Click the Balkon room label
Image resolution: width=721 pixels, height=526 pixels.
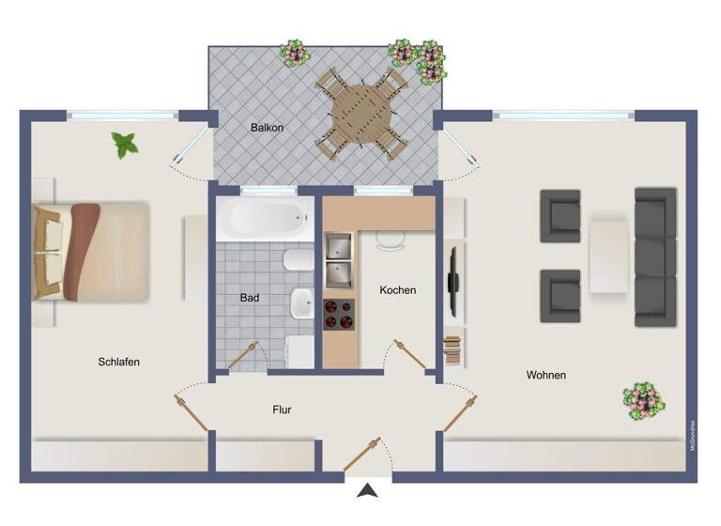click(x=267, y=127)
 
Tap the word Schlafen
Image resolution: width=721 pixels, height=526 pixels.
click(x=118, y=362)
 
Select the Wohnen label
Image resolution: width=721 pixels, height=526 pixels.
click(x=545, y=375)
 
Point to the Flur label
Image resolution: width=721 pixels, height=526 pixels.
click(x=282, y=410)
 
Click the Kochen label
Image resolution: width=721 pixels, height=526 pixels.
click(x=397, y=290)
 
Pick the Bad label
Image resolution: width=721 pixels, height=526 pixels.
click(x=249, y=298)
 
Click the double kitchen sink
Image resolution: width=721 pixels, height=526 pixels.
click(x=339, y=260)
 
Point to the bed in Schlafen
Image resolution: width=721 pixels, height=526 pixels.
click(x=90, y=251)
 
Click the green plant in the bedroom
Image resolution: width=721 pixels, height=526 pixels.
click(x=124, y=144)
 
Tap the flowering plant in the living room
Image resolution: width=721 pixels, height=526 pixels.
click(x=644, y=399)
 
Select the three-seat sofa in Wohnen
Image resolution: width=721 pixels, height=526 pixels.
click(x=655, y=256)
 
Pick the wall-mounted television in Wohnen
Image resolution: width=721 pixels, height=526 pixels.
click(x=453, y=280)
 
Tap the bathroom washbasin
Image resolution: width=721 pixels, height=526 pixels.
click(x=301, y=302)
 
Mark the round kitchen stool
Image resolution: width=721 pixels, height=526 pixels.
click(x=390, y=240)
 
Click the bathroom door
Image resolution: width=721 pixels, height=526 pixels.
click(x=241, y=357)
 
